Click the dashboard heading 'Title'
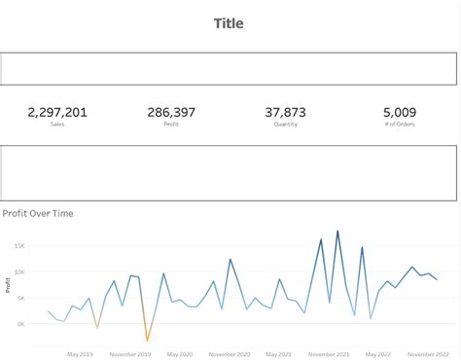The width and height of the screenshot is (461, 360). pyautogui.click(x=229, y=23)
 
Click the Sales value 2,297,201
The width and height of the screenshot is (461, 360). pyautogui.click(x=57, y=113)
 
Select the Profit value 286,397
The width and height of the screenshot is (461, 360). pyautogui.click(x=172, y=113)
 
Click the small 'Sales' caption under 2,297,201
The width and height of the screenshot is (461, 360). pyautogui.click(x=57, y=126)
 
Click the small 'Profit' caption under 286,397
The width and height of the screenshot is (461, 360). pyautogui.click(x=172, y=126)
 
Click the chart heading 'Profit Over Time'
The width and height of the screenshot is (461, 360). pyautogui.click(x=38, y=213)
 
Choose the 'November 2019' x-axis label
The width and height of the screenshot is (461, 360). pyautogui.click(x=131, y=354)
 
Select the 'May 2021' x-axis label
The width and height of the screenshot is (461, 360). pyautogui.click(x=282, y=354)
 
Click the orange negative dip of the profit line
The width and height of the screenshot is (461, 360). pyautogui.click(x=148, y=341)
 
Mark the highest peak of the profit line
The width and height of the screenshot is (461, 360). pyautogui.click(x=337, y=232)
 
